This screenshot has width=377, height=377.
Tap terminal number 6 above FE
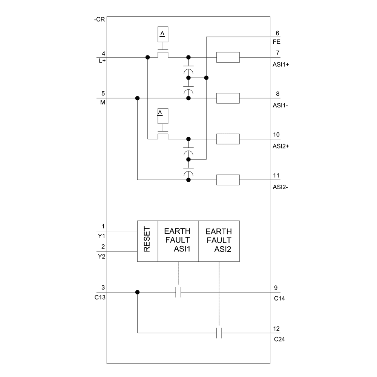[277, 33]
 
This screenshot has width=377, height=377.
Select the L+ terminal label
[102, 61]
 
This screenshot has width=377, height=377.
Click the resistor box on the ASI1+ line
[228, 57]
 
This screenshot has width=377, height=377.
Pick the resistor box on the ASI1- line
[228, 98]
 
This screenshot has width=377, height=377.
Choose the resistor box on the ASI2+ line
[228, 139]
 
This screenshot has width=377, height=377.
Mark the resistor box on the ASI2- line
[228, 180]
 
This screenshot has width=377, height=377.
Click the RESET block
[147, 241]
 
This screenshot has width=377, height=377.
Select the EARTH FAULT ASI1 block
[178, 241]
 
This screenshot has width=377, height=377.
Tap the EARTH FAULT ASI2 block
[219, 241]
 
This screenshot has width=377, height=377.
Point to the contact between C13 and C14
[178, 292]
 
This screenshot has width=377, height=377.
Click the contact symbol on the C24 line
[219, 333]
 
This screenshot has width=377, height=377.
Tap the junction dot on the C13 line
[137, 292]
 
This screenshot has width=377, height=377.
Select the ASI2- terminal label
[280, 187]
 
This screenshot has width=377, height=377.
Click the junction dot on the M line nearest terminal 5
[137, 98]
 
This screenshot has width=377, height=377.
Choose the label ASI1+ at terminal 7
[281, 64]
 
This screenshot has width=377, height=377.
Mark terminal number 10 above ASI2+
[277, 134]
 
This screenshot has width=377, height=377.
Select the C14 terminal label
[279, 298]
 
